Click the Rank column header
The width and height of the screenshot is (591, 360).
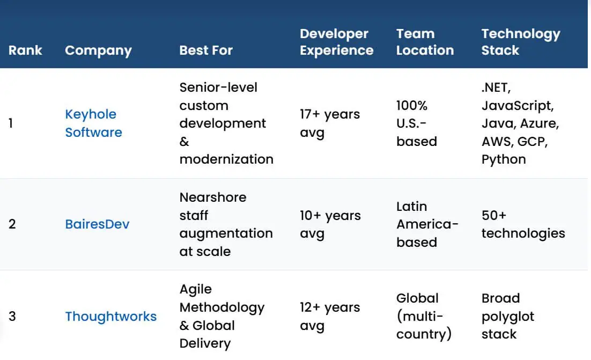coord(25,50)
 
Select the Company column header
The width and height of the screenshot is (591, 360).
coord(98,50)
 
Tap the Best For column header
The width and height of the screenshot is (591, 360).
coord(206,50)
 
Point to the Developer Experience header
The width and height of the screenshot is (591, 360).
coord(337,42)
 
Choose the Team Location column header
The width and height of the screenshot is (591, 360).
coord(425,42)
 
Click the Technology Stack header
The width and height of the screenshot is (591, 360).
coord(521,42)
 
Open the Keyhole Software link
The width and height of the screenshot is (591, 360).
coord(93,123)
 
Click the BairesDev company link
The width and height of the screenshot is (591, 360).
coord(97,224)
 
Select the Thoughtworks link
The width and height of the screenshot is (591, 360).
coord(111,316)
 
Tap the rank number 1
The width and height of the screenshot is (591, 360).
coord(11,123)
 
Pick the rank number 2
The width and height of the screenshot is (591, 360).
coord(12,224)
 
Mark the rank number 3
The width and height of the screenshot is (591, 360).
coord(12,316)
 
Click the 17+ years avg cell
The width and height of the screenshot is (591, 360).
coord(330,123)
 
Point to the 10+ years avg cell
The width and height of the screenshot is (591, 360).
coord(330,224)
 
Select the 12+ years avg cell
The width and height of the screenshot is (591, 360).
coord(330,316)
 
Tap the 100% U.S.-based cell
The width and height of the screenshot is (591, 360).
coord(417,123)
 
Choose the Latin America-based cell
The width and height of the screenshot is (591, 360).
coord(427,224)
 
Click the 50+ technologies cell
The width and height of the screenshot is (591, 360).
coord(523,224)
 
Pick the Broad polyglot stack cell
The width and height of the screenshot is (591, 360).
coord(508,316)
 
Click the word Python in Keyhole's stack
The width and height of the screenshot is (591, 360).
coord(504,159)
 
